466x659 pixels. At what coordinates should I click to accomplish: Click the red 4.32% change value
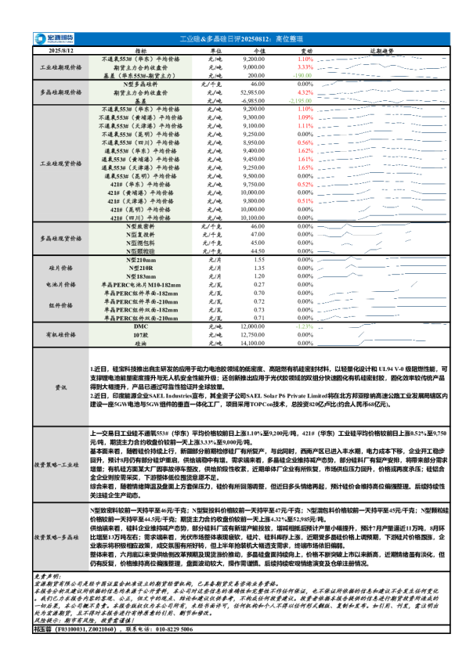click(x=305, y=92)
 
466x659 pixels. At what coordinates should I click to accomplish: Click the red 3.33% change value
click(x=305, y=67)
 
